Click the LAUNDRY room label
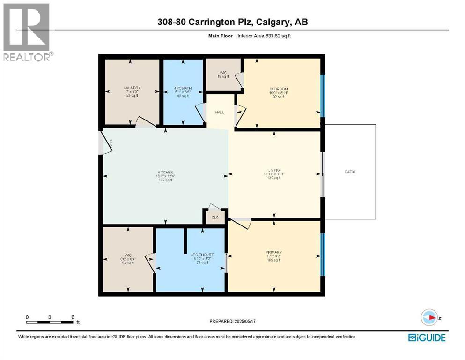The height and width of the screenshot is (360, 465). click(132, 88)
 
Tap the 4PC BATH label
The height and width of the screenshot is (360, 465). click(183, 88)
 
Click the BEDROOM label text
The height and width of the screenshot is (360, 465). click(278, 89)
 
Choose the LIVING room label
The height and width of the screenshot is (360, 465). click(274, 170)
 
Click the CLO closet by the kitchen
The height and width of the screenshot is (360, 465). click(215, 217)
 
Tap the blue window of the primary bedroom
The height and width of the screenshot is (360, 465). click(322, 255)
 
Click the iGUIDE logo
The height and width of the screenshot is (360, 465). click(427, 337)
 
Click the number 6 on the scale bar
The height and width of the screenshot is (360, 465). click(73, 317)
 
